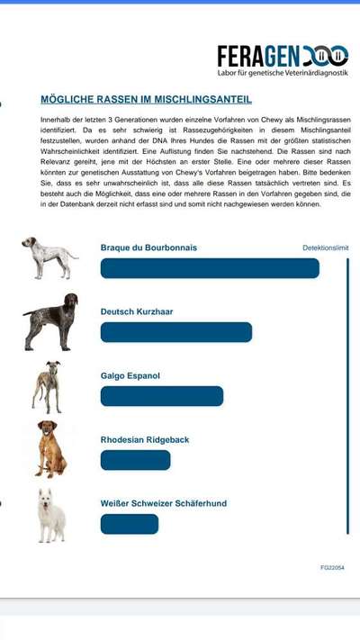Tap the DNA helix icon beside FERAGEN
(324, 56)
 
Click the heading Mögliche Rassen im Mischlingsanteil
(146, 100)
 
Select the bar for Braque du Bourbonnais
(210, 268)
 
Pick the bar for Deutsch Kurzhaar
(176, 332)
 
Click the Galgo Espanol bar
(162, 396)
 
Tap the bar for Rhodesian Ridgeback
(135, 460)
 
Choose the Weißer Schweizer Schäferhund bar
(130, 524)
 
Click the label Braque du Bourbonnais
(148, 248)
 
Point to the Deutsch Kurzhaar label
(137, 311)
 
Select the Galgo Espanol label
(130, 375)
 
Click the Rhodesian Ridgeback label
(145, 440)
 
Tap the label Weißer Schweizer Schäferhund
(164, 503)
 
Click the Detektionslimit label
(325, 248)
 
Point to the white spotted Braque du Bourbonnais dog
(49, 257)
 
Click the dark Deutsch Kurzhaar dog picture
(50, 321)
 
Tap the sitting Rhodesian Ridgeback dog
(49, 448)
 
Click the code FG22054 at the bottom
(332, 568)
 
